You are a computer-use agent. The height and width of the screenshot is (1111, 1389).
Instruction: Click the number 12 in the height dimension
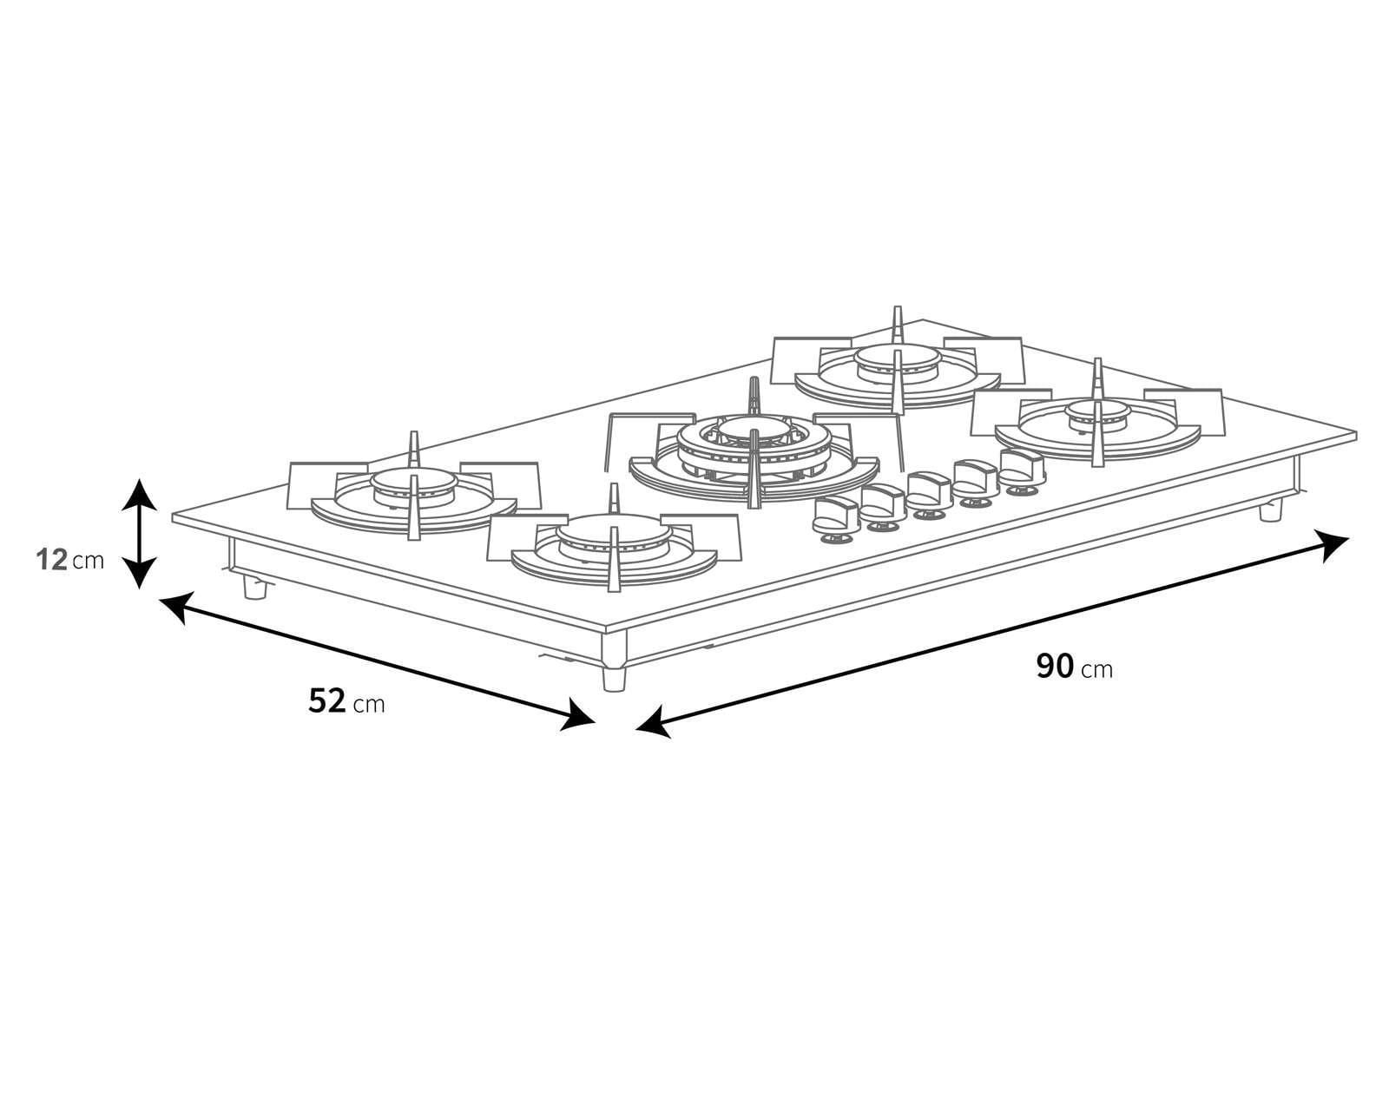(52, 560)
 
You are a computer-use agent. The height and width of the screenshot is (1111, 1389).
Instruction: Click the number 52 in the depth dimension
(327, 700)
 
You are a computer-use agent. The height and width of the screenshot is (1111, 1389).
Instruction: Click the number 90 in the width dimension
(1055, 666)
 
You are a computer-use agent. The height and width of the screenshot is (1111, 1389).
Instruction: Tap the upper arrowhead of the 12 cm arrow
(139, 491)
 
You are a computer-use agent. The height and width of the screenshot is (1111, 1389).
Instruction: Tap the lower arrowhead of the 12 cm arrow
(139, 574)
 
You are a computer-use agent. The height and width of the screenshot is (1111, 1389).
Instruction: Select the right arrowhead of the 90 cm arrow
(1334, 546)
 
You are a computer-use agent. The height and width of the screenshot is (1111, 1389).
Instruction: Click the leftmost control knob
(834, 516)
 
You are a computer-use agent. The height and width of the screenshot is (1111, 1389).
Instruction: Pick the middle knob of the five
(928, 490)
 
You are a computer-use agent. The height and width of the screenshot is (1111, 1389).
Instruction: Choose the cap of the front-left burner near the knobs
(614, 529)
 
